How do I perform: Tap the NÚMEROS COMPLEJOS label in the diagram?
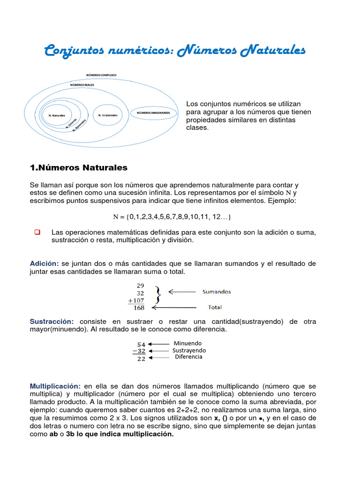(x=101, y=75)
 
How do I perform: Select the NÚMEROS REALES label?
(x=82, y=85)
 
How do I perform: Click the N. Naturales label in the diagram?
(x=57, y=115)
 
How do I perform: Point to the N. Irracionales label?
(x=107, y=115)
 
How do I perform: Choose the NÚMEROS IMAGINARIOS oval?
(x=154, y=113)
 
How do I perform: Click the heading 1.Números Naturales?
(x=78, y=167)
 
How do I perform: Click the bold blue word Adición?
(x=45, y=263)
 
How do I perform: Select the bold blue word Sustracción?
(x=52, y=322)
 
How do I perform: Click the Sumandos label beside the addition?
(x=217, y=292)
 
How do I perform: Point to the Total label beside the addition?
(x=215, y=307)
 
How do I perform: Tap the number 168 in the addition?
(x=139, y=308)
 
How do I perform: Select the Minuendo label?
(x=187, y=343)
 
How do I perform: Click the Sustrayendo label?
(x=189, y=350)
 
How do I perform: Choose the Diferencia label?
(x=188, y=357)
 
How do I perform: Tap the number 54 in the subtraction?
(x=141, y=344)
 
